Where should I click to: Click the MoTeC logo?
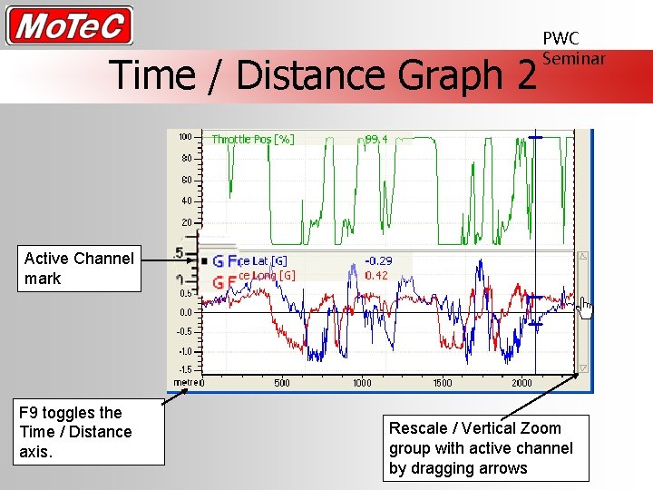(x=69, y=25)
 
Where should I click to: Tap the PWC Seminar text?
(x=572, y=48)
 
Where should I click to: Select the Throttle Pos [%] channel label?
(x=252, y=139)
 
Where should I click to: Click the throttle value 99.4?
(x=376, y=139)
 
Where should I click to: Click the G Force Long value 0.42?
(x=376, y=275)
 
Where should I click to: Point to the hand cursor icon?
(x=585, y=309)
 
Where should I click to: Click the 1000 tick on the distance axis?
(x=362, y=383)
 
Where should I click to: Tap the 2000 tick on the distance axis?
(x=521, y=383)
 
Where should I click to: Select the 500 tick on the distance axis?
(x=282, y=383)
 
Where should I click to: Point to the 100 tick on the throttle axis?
(x=184, y=137)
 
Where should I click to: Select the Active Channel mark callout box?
(x=79, y=269)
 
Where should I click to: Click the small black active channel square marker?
(x=205, y=261)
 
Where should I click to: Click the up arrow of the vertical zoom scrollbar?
(x=583, y=258)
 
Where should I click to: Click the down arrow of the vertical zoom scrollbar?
(x=583, y=367)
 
